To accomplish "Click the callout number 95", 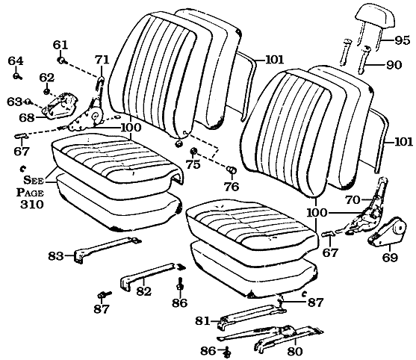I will click(403, 40).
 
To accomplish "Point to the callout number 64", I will click(16, 60).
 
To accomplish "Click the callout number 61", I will click(60, 45).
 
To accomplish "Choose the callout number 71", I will click(102, 59).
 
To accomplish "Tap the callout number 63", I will click(13, 102).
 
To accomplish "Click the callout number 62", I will click(46, 77).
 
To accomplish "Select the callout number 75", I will click(193, 165).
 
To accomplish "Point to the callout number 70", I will click(352, 199).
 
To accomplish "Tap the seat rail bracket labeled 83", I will click(105, 247).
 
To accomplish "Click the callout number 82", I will click(144, 291).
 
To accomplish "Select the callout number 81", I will click(202, 321).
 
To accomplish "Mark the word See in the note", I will click(33, 179).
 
